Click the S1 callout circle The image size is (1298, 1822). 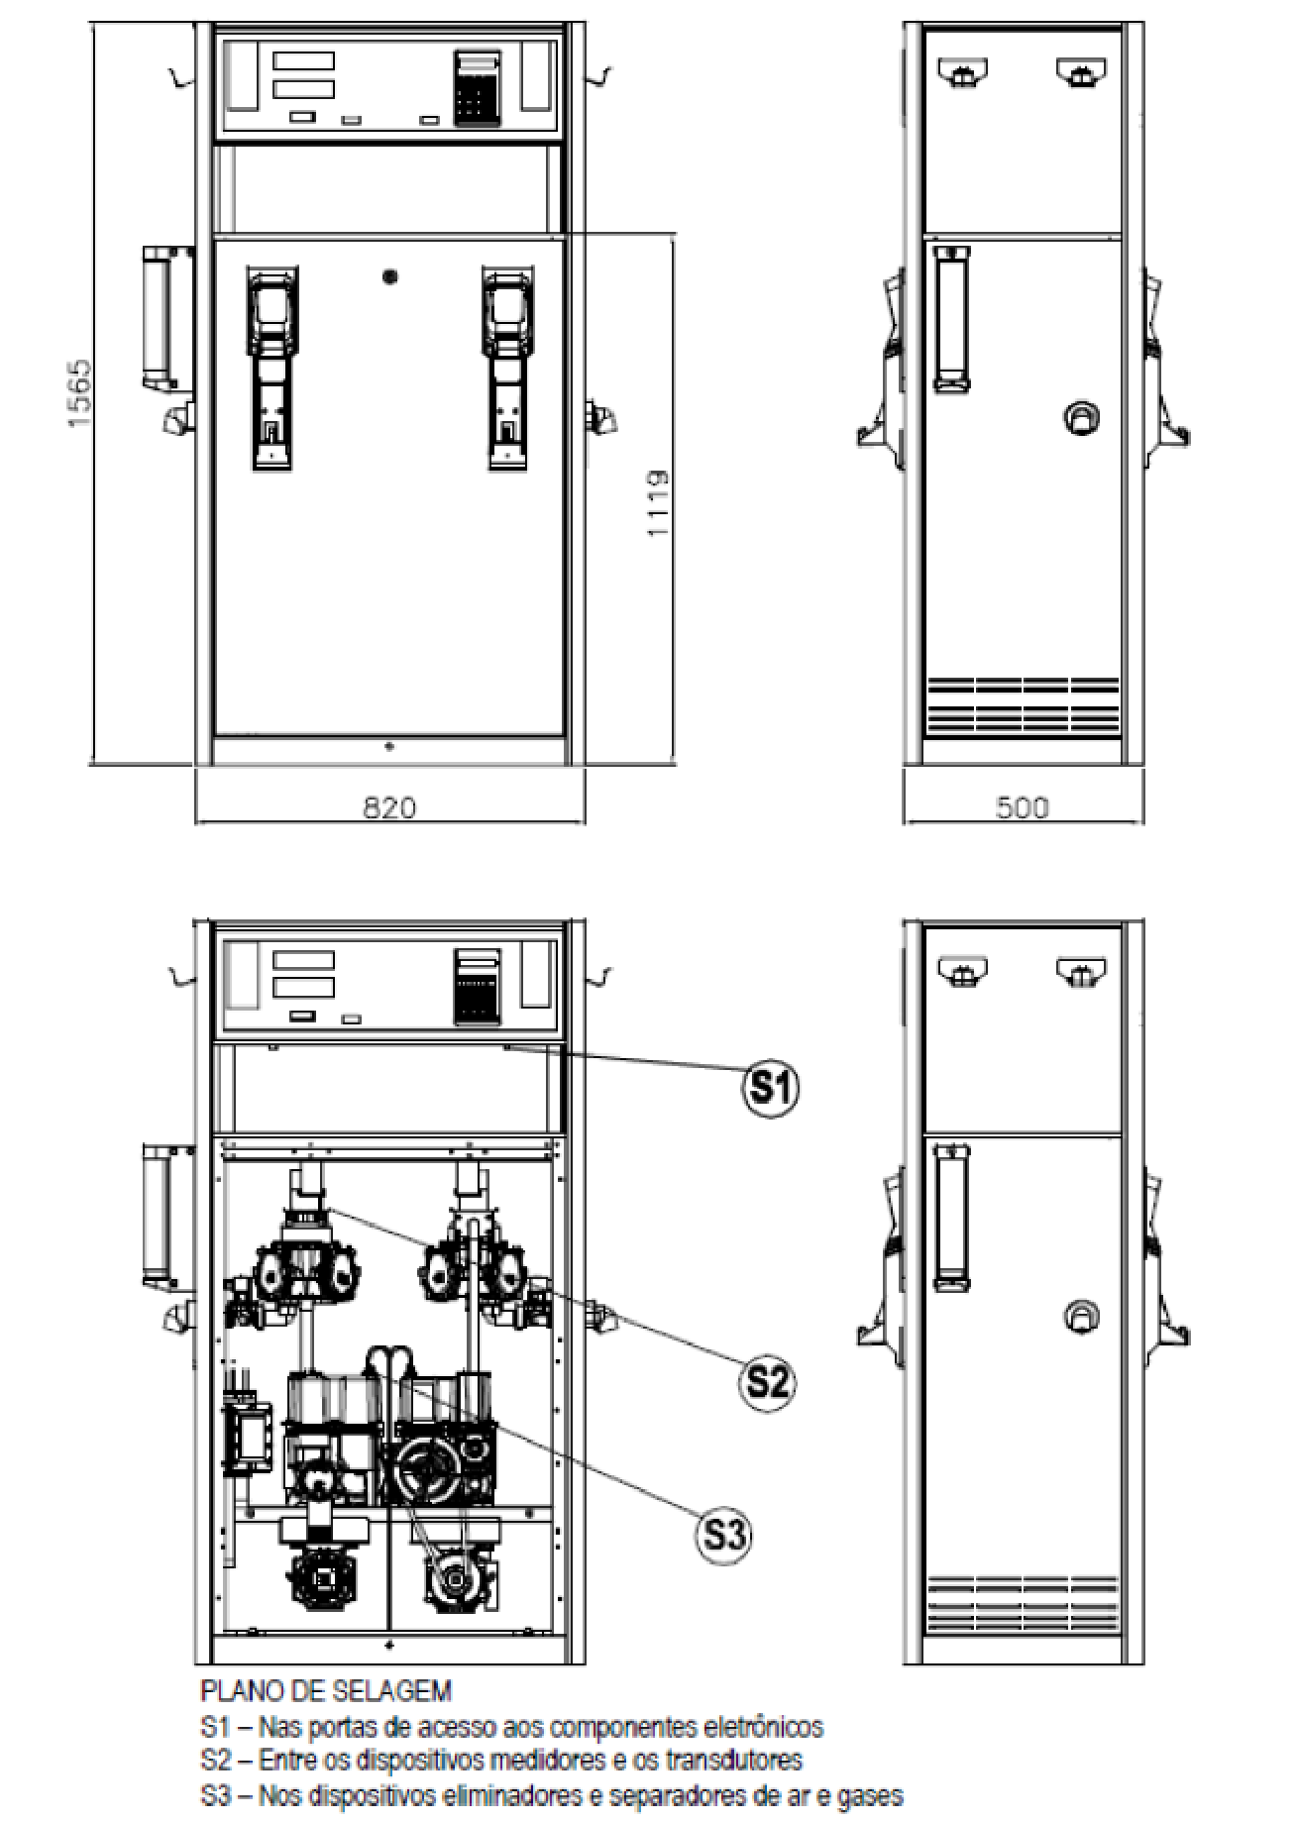[x=771, y=1088]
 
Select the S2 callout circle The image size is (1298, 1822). [x=768, y=1379]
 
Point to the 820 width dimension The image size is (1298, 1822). [x=389, y=806]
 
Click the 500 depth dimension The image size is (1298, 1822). [x=1022, y=807]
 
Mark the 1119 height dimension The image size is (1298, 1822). [x=657, y=503]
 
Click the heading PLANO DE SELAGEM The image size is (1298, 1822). [x=326, y=1690]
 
